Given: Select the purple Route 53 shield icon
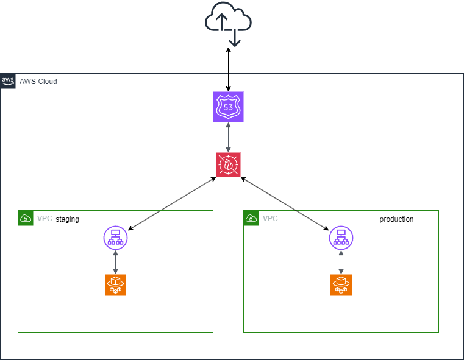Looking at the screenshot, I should click(228, 107).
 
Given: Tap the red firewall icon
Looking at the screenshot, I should click(228, 164).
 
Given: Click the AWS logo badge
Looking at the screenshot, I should click(8, 81).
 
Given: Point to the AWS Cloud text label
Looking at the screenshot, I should click(38, 81).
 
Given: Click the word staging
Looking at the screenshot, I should click(67, 219).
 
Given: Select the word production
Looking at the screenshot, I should click(396, 219).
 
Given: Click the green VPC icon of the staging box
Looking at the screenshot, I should click(25, 217).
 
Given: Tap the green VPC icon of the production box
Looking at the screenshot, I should click(251, 217).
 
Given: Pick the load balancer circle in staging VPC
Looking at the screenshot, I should click(115, 238).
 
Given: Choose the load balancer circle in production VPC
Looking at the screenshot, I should click(341, 238).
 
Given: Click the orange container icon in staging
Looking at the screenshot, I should click(115, 284).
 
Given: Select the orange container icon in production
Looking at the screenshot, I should click(341, 284).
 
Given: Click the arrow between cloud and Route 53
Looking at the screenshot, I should click(228, 71).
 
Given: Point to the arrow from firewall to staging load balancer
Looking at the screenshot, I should click(172, 203).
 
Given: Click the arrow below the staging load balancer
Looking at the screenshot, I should click(115, 261).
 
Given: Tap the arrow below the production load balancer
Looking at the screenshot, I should click(341, 261).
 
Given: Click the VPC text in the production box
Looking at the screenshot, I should click(270, 219).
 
